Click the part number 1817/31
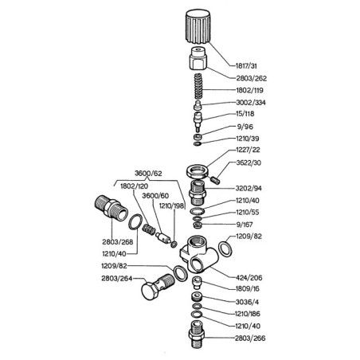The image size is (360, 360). (x=246, y=66)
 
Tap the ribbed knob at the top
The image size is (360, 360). (x=198, y=26)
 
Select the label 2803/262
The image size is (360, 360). (x=251, y=78)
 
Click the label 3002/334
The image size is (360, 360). (x=251, y=103)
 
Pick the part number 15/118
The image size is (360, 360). (x=245, y=114)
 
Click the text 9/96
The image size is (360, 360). (x=245, y=127)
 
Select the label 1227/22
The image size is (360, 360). (x=248, y=150)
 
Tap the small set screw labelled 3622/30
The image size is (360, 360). (x=216, y=179)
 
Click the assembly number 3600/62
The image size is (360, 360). (x=148, y=174)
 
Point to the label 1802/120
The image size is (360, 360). (x=134, y=186)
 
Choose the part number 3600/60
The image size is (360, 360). (x=155, y=196)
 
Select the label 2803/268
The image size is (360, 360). (x=118, y=242)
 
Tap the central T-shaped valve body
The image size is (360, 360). (x=199, y=255)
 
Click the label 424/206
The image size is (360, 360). (x=249, y=278)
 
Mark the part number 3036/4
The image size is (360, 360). (x=247, y=302)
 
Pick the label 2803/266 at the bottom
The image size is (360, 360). (x=250, y=338)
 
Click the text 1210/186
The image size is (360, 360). (x=248, y=314)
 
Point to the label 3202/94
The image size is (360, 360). (x=248, y=188)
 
